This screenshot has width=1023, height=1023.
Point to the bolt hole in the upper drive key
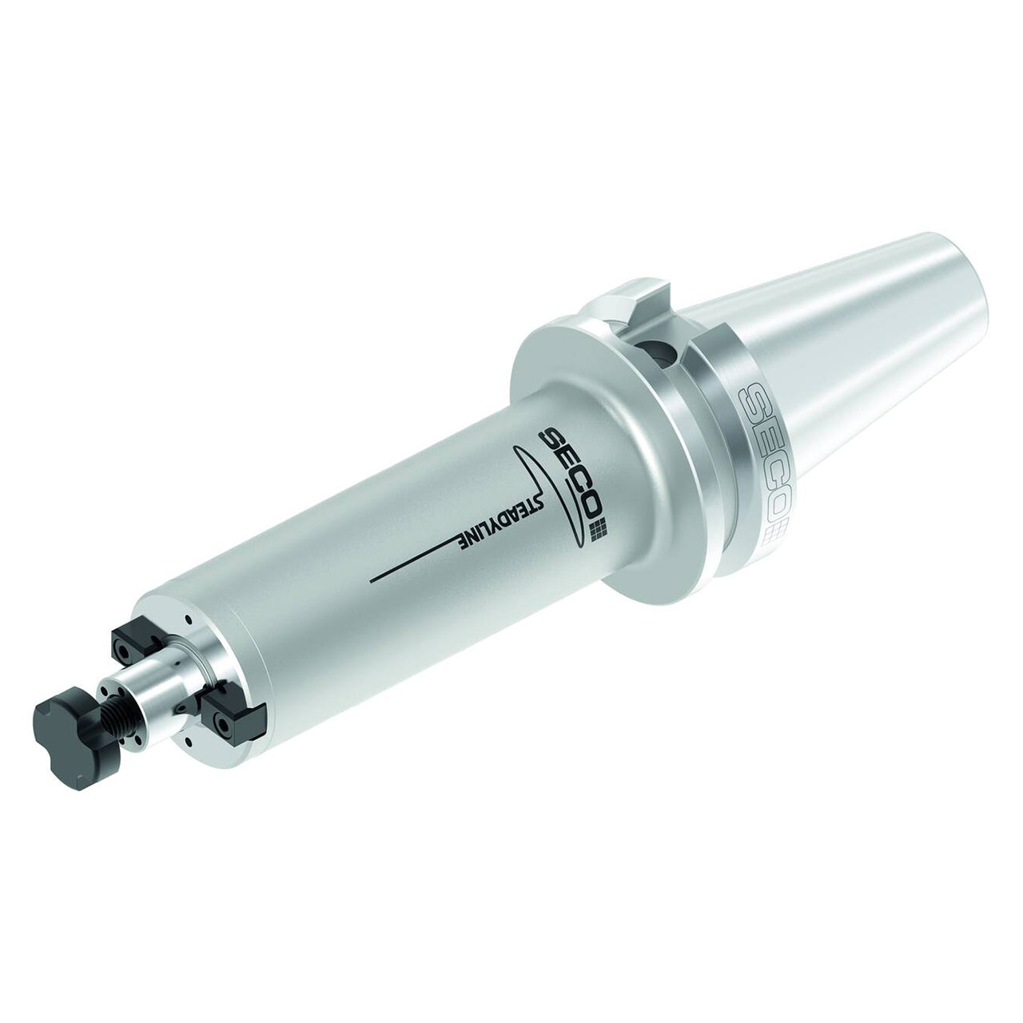coord(124,649)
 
